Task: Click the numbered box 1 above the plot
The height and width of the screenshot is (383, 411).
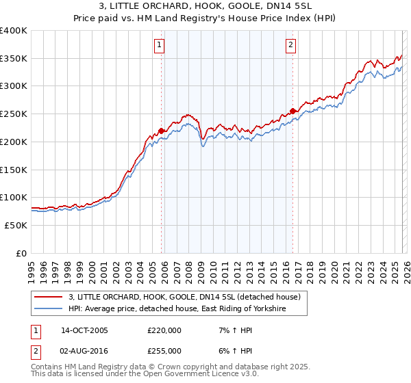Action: click(159, 46)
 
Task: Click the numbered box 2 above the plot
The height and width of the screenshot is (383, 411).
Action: click(290, 46)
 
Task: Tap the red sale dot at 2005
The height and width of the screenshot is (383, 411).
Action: click(162, 131)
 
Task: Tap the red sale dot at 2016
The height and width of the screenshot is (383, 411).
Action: click(292, 111)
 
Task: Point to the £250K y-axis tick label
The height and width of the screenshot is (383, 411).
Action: click(13, 114)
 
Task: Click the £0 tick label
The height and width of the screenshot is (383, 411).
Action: click(21, 253)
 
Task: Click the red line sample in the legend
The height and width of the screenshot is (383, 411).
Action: click(49, 297)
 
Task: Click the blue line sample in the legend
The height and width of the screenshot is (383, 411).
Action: click(49, 309)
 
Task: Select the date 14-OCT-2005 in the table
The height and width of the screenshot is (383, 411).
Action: click(84, 330)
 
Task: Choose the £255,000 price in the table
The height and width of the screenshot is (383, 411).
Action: click(165, 351)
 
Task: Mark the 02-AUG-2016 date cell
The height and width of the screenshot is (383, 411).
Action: click(84, 351)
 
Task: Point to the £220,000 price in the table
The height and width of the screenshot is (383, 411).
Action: click(165, 330)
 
